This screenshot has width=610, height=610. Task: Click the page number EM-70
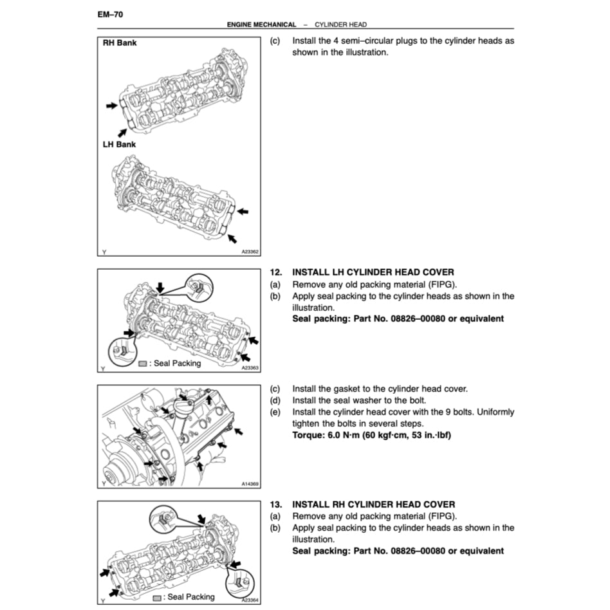(109, 13)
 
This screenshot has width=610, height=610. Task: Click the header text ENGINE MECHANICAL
(261, 24)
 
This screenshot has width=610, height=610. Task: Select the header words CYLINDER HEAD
(340, 24)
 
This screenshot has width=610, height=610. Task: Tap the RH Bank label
(120, 44)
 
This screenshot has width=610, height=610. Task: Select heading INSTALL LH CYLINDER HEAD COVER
(373, 273)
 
